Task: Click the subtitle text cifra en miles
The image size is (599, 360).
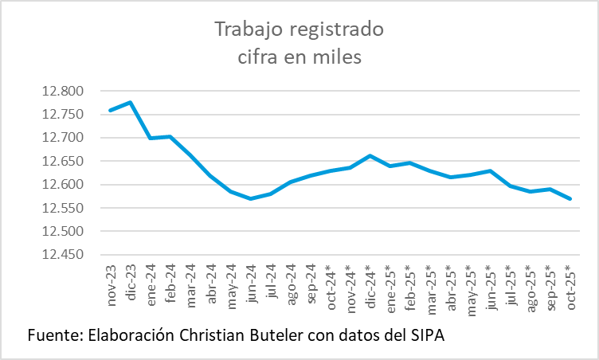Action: tap(299, 57)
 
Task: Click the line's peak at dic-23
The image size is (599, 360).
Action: tap(131, 102)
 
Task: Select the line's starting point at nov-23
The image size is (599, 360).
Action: tap(111, 110)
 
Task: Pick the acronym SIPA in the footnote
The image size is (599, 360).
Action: tap(426, 335)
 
